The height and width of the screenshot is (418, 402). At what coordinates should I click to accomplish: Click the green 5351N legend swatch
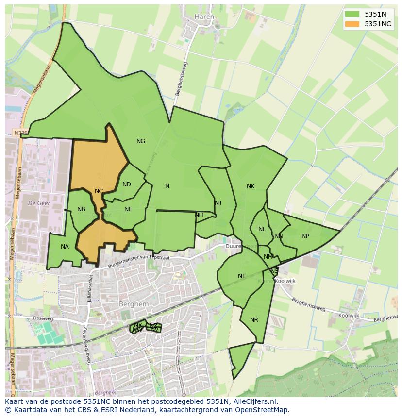[x=352, y=14]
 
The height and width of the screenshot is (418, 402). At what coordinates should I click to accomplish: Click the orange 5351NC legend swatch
[x=352, y=24]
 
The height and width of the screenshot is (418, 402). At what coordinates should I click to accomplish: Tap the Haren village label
[x=204, y=17]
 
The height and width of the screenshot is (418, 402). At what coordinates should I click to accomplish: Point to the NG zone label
[x=141, y=141]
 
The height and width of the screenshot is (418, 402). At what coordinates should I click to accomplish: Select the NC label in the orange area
[x=99, y=191]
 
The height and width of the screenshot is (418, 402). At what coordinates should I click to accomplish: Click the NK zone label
[x=251, y=186]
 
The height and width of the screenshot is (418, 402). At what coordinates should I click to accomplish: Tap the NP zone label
[x=305, y=236]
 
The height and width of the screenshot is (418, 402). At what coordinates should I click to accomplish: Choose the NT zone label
[x=242, y=276]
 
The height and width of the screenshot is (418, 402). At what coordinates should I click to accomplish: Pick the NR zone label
[x=254, y=320]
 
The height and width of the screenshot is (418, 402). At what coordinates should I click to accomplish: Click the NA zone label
[x=65, y=247]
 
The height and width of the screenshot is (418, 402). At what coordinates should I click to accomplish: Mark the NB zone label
[x=81, y=209]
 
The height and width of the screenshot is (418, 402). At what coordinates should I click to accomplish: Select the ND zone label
[x=127, y=184]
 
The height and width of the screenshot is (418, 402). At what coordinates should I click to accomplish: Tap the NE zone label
[x=128, y=209]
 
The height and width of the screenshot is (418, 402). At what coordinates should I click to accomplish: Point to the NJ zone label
[x=218, y=203]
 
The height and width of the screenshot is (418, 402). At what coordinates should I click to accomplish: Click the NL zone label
[x=262, y=229]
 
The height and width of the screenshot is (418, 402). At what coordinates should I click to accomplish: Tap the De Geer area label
[x=39, y=202]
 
